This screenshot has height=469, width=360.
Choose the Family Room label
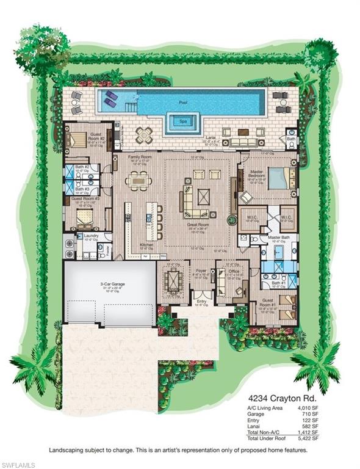coord(139,156)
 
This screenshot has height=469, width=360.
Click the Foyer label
coord(201,269)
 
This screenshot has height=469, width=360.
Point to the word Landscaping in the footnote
coord(68,451)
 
